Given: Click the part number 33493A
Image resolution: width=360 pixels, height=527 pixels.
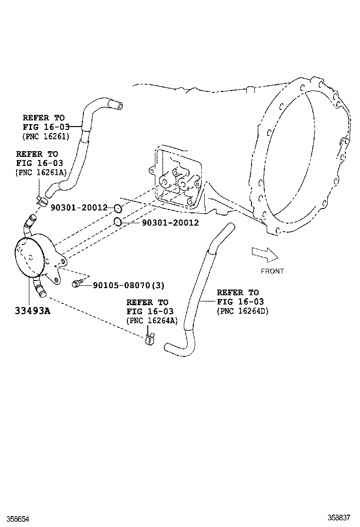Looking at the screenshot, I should point(33,311).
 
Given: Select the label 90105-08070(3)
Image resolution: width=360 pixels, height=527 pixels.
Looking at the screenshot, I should point(128,285).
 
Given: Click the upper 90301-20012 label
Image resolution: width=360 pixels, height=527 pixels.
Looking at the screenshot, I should point(79,208).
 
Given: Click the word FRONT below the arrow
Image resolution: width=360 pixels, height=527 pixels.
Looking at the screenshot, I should point(272,271).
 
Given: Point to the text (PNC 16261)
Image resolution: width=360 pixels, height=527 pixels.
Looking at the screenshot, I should point(46,136).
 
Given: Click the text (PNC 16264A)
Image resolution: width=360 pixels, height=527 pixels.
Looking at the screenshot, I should point(152,320).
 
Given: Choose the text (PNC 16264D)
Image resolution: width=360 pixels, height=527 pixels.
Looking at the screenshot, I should point(243,311).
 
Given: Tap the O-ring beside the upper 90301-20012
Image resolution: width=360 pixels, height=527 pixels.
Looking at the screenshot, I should point(118,208).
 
